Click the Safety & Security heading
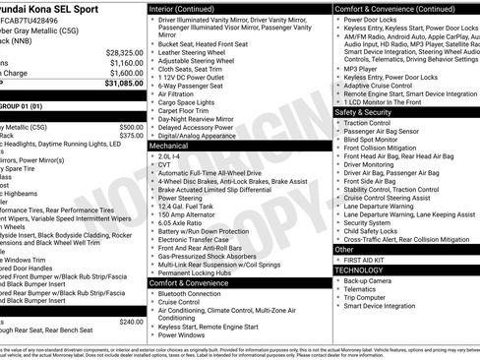coord(369,112)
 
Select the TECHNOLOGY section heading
coord(359,269)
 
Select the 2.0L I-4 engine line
coord(170,154)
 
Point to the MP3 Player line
coord(362,70)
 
